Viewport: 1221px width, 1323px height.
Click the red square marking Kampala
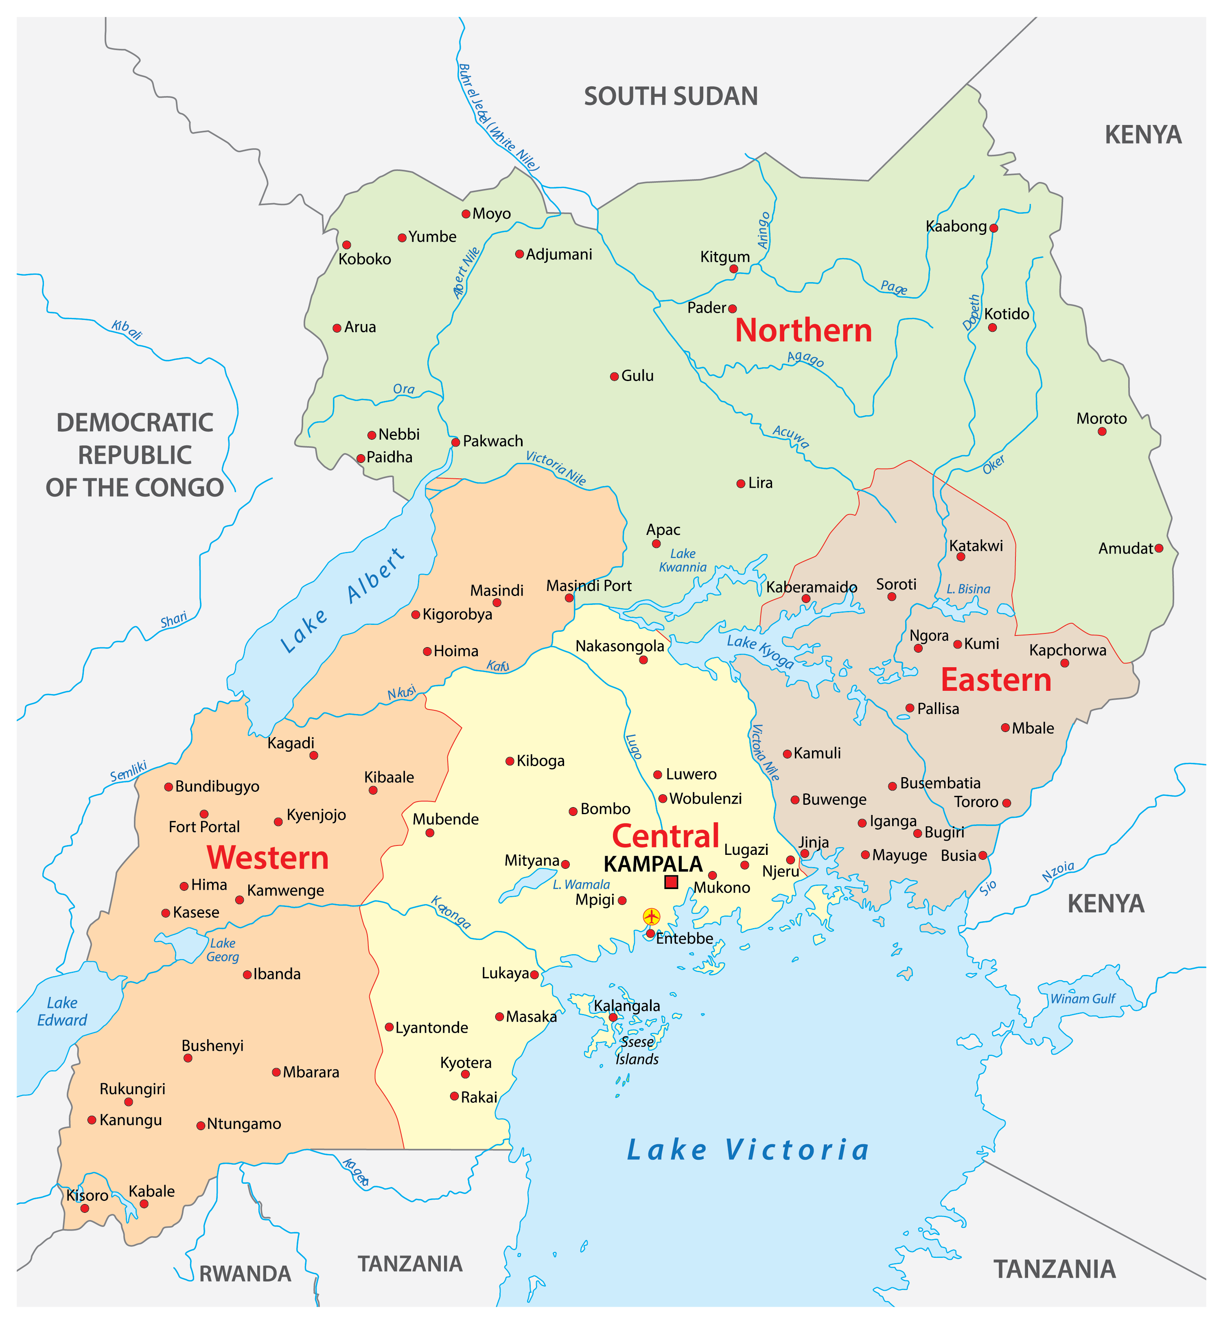tap(671, 882)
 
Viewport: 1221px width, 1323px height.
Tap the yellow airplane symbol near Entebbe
tap(652, 917)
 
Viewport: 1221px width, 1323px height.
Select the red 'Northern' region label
tap(803, 331)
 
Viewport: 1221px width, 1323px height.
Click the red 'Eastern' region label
tap(996, 680)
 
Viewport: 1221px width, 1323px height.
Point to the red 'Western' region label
tap(267, 858)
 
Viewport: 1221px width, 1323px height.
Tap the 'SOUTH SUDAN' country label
tap(671, 96)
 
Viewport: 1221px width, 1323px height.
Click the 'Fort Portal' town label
tap(204, 827)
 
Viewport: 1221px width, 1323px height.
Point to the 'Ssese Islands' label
tap(637, 1050)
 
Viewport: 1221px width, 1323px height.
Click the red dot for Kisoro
tap(85, 1208)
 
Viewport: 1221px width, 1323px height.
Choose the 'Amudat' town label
tap(1125, 548)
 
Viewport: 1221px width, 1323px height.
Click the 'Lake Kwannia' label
tap(683, 561)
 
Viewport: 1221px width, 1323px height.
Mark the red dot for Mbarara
tap(276, 1072)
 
